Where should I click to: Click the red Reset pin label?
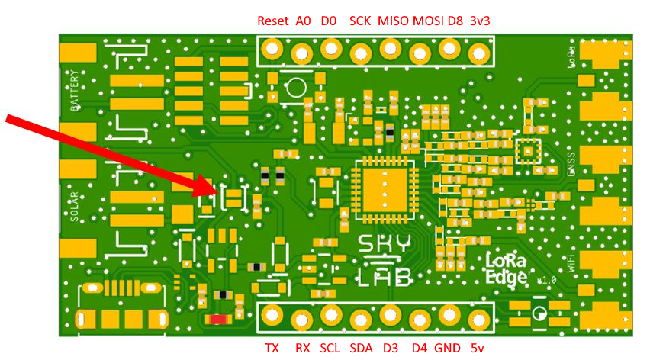coord(272,21)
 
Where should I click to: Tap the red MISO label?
coord(393,21)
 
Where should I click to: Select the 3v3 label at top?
coord(480,21)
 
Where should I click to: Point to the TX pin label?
coord(272,348)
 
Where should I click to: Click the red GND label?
coord(447,348)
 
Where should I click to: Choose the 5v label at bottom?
coord(478,348)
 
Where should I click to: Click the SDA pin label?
coord(361,348)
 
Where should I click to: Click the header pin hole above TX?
coord(272,314)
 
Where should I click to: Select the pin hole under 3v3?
coord(479,53)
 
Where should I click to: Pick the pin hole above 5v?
coord(478,317)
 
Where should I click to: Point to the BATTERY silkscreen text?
coord(75,92)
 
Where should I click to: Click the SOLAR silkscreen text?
coord(75,205)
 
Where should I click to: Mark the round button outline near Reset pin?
coord(295,90)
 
